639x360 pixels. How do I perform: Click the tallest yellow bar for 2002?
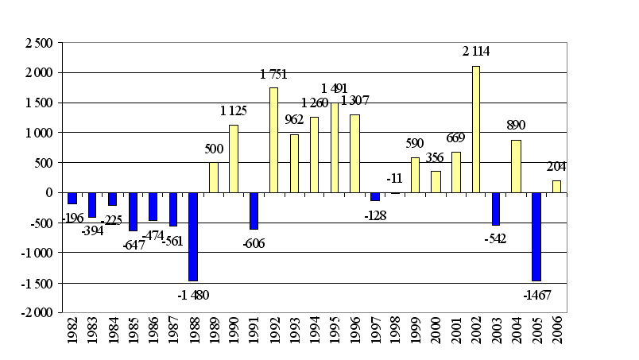tap(476, 129)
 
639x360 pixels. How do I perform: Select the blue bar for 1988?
tap(193, 236)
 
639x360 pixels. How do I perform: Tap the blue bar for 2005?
tap(536, 236)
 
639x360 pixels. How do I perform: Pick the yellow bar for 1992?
tap(274, 140)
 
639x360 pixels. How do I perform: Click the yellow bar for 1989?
tap(214, 177)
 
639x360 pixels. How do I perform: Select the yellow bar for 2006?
tap(556, 186)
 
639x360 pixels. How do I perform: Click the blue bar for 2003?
tap(496, 208)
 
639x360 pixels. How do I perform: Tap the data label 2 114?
tap(477, 52)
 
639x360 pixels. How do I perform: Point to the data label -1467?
tap(537, 296)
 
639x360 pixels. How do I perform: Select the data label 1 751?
tap(273, 75)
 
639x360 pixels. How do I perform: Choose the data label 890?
tap(517, 126)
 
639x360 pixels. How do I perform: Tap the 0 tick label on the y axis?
tap(49, 193)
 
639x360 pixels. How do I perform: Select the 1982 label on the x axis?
tap(72, 335)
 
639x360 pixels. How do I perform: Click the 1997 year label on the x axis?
tap(375, 335)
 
